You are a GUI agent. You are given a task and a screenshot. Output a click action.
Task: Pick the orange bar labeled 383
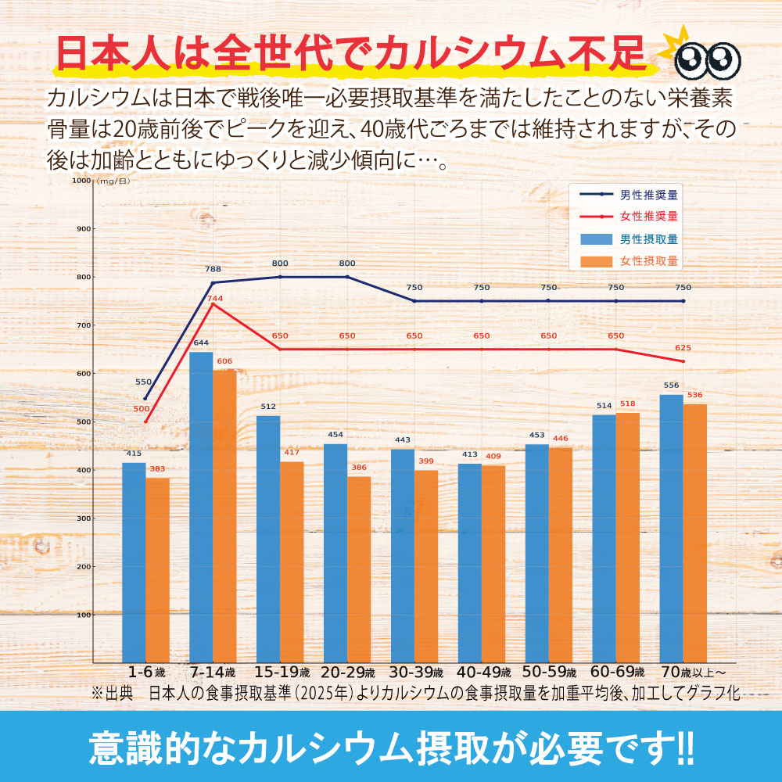pyautogui.click(x=157, y=570)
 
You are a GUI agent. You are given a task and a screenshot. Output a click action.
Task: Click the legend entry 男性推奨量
pyautogui.click(x=648, y=194)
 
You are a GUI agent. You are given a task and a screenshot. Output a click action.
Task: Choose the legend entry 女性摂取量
pyautogui.click(x=648, y=260)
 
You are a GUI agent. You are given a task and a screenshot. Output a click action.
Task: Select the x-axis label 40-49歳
pyautogui.click(x=484, y=673)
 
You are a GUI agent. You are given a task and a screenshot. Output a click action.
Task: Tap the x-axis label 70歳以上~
pyautogui.click(x=694, y=673)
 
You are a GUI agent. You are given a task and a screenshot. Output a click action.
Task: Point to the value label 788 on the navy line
pyautogui.click(x=213, y=269)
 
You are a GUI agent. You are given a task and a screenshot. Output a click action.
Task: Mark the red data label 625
pyautogui.click(x=682, y=348)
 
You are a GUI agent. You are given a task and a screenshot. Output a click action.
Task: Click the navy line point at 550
pyautogui.click(x=145, y=398)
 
